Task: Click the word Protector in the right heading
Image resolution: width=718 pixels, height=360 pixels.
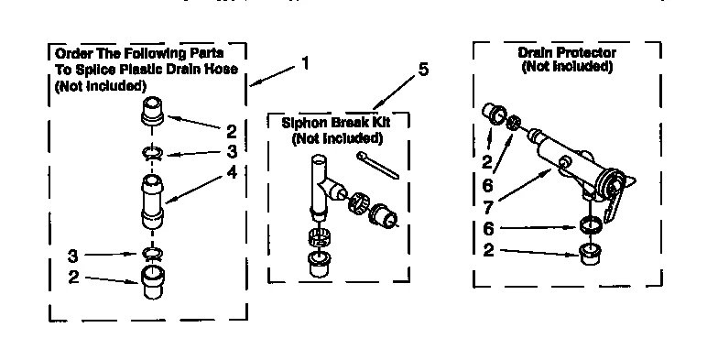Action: (x=587, y=53)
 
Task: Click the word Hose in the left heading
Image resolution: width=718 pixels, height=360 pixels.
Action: (x=221, y=71)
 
